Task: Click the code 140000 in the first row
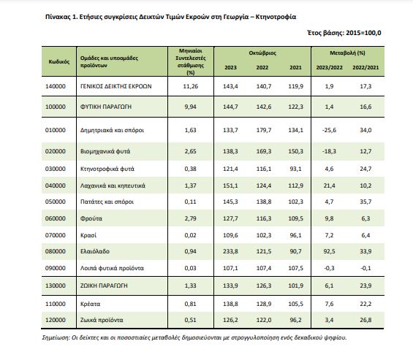pyautogui.click(x=56, y=86)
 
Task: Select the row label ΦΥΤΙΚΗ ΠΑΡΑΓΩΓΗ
pyautogui.click(x=106, y=107)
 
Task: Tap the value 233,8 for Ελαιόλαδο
pyautogui.click(x=230, y=251)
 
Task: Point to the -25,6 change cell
pyautogui.click(x=329, y=130)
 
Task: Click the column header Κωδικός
pyautogui.click(x=59, y=62)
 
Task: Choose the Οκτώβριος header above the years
pyautogui.click(x=262, y=53)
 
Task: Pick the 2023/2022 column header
pyautogui.click(x=329, y=68)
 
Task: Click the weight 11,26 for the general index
pyautogui.click(x=191, y=86)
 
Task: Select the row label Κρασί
pyautogui.click(x=88, y=235)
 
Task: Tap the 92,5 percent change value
pyautogui.click(x=329, y=251)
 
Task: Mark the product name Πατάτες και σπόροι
pyautogui.click(x=107, y=202)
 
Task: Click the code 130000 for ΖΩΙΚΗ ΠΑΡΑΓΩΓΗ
pyautogui.click(x=56, y=286)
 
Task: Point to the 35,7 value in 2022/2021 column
pyautogui.click(x=365, y=202)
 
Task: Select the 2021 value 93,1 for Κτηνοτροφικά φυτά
pyautogui.click(x=295, y=169)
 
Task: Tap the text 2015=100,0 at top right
pyautogui.click(x=363, y=33)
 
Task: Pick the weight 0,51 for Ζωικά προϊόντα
pyautogui.click(x=191, y=321)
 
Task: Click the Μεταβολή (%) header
pyautogui.click(x=347, y=53)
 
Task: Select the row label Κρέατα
pyautogui.click(x=90, y=305)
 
